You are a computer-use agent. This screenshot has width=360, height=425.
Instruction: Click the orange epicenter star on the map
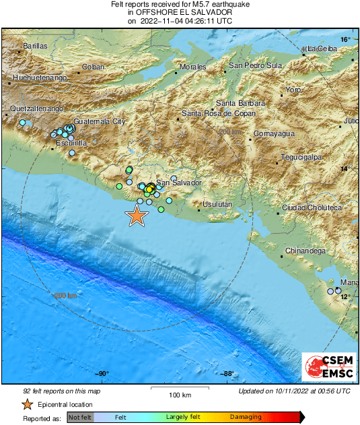pyautogui.click(x=137, y=216)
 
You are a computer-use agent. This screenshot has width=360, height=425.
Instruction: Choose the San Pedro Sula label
pyautogui.click(x=255, y=65)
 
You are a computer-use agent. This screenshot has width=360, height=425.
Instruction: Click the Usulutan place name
pyautogui.click(x=218, y=204)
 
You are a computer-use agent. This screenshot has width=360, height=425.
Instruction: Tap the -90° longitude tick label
pyautogui.click(x=102, y=375)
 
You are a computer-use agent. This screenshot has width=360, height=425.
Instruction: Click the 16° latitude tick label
pyautogui.click(x=345, y=40)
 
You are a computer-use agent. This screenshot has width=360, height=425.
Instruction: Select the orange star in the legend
pyautogui.click(x=27, y=404)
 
